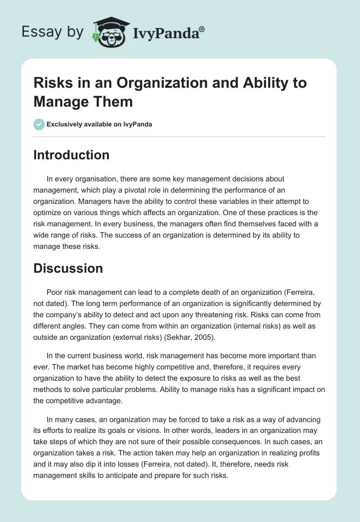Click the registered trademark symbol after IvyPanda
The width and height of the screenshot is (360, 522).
click(x=202, y=29)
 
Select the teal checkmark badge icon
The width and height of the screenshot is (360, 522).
click(x=39, y=124)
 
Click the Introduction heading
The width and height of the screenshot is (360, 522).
click(x=72, y=155)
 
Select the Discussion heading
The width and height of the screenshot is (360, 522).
click(x=68, y=268)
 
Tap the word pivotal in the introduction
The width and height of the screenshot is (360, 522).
click(x=147, y=190)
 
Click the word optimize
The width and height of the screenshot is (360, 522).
click(x=49, y=212)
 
